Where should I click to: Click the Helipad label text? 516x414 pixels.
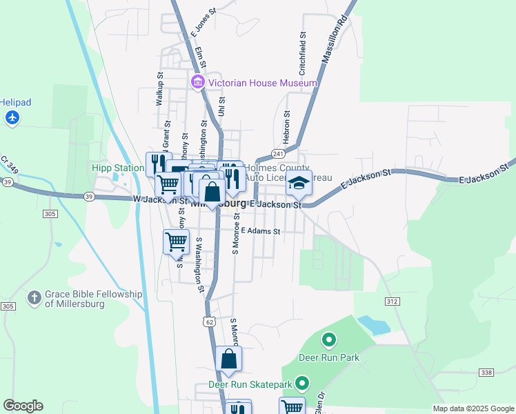coord(15,102)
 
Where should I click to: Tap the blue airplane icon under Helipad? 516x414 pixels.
coord(12,118)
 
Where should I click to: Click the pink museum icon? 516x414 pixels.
coord(199,83)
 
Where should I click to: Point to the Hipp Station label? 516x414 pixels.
coord(119,168)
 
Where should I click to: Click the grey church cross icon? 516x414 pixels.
coord(34,298)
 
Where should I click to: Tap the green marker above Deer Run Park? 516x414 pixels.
coord(329,339)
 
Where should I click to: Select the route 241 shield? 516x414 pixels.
coord(278,153)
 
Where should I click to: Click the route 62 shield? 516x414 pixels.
coord(209,322)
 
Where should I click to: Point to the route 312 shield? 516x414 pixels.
coord(393,302)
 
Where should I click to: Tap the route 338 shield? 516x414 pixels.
coord(486,373)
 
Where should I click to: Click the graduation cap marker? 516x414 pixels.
coord(299,184)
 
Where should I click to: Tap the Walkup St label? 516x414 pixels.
coord(159,88)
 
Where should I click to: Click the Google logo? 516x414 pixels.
coord(23,406)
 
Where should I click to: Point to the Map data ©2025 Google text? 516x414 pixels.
coord(473,408)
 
